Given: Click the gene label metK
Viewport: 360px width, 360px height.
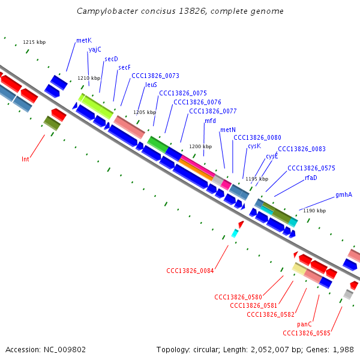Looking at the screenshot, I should (x=84, y=41).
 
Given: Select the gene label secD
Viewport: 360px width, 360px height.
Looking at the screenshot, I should (x=111, y=59).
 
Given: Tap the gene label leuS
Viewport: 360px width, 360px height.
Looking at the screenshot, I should (x=151, y=85).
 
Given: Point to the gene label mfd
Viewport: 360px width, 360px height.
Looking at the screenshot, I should (x=210, y=121).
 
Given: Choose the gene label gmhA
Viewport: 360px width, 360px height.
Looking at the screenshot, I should (x=343, y=194).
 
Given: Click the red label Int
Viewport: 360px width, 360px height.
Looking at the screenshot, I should (x=25, y=159).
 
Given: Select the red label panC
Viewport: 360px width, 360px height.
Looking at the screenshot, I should (x=305, y=324).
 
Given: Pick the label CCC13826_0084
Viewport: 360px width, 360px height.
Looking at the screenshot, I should (x=190, y=271).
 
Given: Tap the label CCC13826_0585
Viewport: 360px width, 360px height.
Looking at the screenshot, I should (x=306, y=332).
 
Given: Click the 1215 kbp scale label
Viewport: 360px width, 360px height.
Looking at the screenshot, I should (x=34, y=42).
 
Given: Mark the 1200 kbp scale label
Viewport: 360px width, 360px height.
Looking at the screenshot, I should (x=200, y=146).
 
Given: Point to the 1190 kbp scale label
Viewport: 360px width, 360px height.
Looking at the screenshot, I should (x=314, y=211).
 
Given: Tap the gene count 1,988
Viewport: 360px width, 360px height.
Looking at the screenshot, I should (x=342, y=349).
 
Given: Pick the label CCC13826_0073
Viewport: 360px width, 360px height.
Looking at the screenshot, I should (x=155, y=76).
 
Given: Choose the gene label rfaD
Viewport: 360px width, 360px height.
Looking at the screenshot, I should (x=311, y=178).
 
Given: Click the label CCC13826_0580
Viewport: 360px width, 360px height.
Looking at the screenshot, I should (x=238, y=297).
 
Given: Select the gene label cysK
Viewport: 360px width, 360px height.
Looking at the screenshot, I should (x=254, y=146).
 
